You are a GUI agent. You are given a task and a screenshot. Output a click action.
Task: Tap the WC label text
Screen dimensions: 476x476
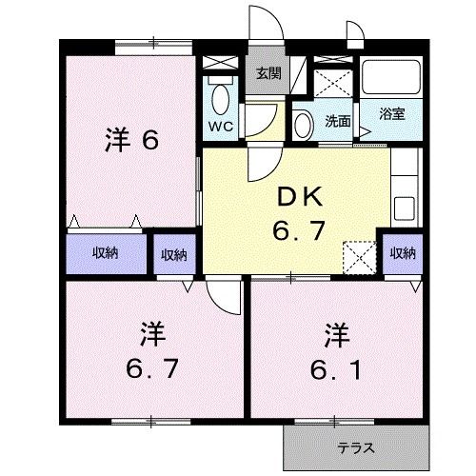pos(220,125)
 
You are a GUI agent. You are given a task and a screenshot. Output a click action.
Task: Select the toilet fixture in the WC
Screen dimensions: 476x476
pos(221,98)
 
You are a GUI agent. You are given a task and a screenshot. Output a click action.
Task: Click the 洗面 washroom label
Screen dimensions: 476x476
pos(338,122)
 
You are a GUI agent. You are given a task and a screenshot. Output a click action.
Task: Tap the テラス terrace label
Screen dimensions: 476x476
pos(355,447)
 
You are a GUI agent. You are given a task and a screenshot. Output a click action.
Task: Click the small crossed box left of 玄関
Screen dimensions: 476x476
pos(220,64)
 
